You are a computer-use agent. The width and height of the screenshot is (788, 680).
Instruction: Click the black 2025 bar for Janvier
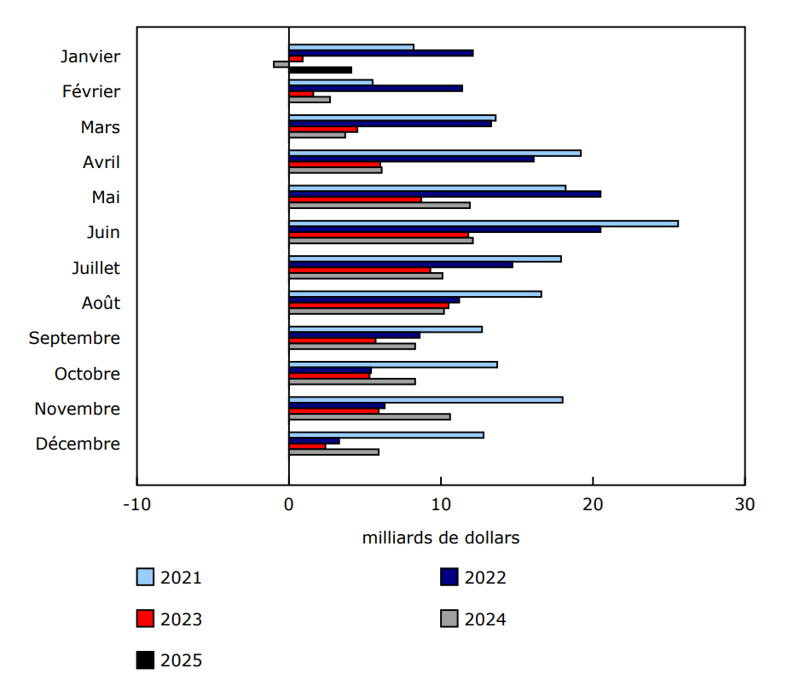(320, 70)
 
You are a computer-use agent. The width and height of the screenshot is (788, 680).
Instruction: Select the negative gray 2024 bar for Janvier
(281, 64)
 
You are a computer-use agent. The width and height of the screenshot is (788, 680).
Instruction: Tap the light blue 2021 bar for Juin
(483, 224)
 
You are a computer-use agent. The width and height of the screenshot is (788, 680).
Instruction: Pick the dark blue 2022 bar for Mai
(444, 194)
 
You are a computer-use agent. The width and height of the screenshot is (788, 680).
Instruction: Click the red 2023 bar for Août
(368, 305)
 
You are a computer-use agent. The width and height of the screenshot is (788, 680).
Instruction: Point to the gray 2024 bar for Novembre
(369, 416)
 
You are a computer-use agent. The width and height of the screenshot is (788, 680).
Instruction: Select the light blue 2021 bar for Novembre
(426, 399)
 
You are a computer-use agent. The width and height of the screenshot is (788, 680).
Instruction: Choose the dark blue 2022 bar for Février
(375, 88)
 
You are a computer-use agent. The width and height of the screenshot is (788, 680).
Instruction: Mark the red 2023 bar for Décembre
(307, 446)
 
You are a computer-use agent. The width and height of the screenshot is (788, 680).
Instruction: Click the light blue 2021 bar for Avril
(434, 153)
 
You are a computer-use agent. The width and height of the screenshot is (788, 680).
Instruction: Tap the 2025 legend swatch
(145, 660)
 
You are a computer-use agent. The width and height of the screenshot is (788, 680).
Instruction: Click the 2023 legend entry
(169, 619)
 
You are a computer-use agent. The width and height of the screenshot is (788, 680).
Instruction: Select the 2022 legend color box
(449, 578)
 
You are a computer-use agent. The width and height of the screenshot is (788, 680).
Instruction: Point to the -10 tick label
(136, 504)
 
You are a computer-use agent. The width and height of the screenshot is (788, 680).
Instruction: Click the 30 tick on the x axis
(745, 504)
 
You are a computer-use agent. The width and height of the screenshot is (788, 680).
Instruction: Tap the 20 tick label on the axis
(593, 504)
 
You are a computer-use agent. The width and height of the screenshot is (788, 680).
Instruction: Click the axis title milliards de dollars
(440, 538)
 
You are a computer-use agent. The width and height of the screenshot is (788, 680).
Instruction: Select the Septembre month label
(74, 338)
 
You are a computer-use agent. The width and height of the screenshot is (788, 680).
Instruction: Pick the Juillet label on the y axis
(96, 268)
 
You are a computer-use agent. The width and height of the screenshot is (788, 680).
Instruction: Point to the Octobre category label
(87, 374)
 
